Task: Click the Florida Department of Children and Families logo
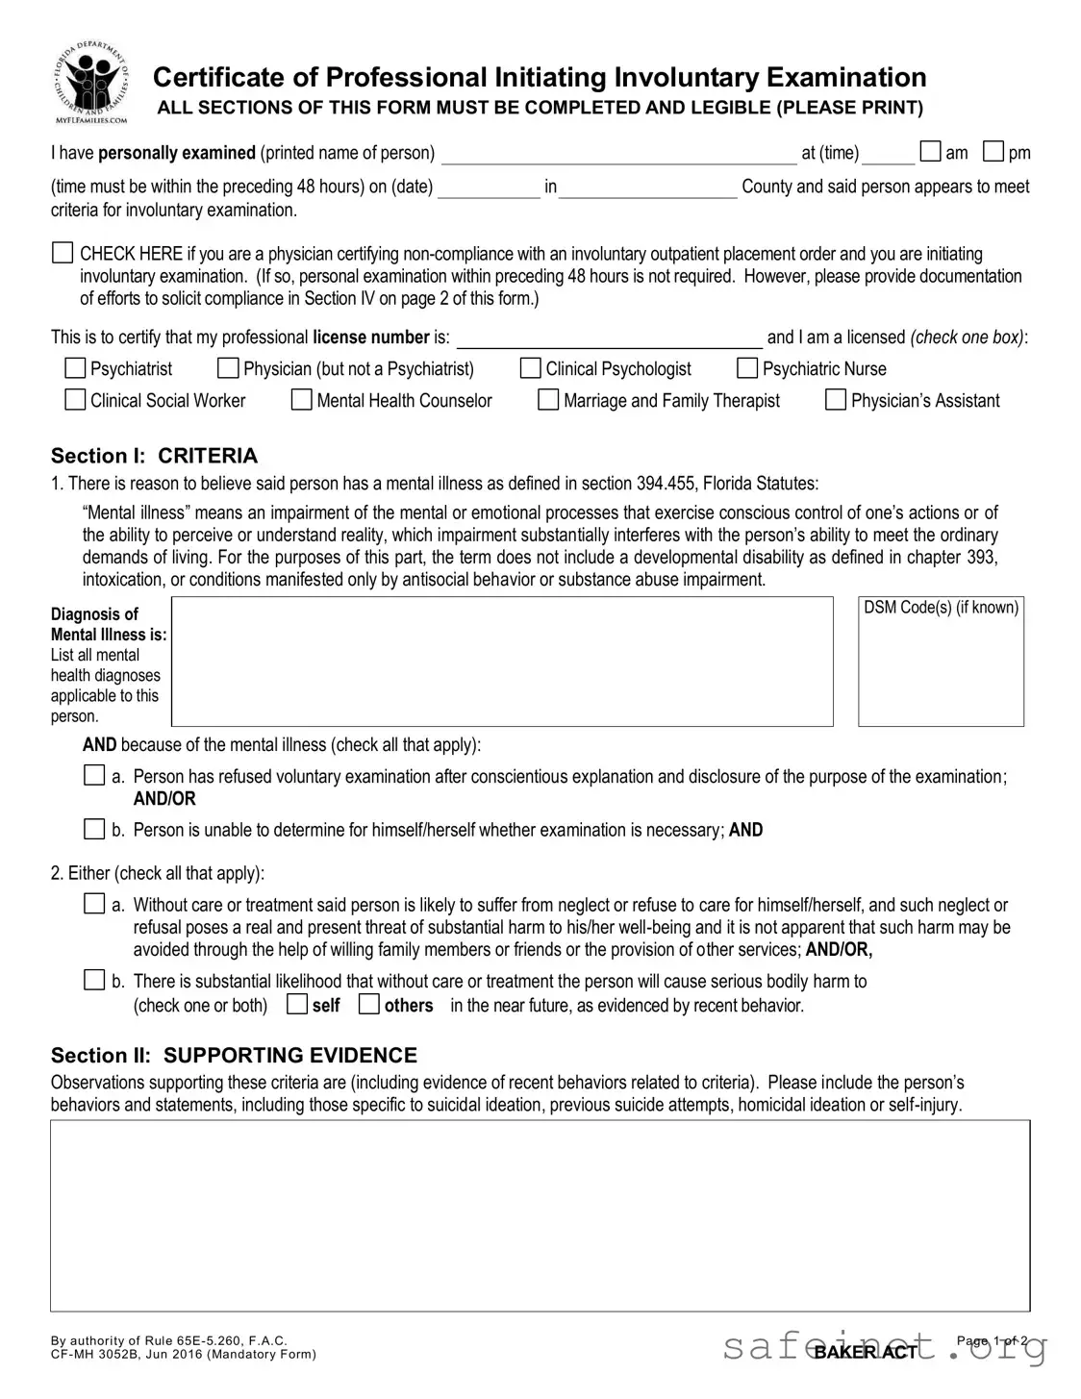click(x=91, y=84)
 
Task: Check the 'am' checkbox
click(x=930, y=152)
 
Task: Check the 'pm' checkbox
click(x=993, y=152)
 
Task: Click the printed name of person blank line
click(x=618, y=155)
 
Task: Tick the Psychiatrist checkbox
click(x=75, y=368)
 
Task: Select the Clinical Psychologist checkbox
click(x=531, y=368)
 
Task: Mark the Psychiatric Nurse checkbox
click(x=747, y=368)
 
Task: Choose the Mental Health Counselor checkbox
click(x=302, y=400)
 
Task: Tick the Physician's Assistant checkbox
click(x=836, y=400)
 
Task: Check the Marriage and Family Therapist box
click(x=548, y=400)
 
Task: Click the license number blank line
click(x=609, y=338)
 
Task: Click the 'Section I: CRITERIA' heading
click(x=154, y=456)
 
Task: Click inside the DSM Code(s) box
click(x=941, y=670)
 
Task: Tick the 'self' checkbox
click(x=297, y=1005)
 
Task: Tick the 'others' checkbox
click(x=369, y=1005)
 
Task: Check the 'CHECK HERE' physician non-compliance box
click(x=63, y=254)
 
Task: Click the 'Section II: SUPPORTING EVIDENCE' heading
click(x=234, y=1056)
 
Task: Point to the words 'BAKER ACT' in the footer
click(x=866, y=1352)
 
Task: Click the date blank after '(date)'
click(x=489, y=187)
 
